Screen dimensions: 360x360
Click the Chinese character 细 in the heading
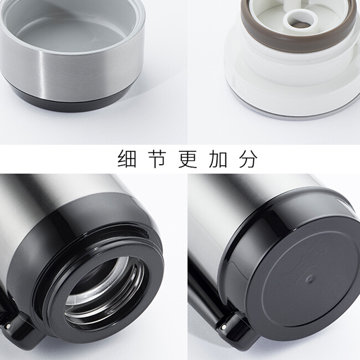127,159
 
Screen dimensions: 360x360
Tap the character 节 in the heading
157,159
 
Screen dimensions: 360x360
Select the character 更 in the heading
188,159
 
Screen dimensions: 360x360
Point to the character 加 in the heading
218,159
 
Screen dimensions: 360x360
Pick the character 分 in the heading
248,159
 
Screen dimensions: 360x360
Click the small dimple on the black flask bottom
310,279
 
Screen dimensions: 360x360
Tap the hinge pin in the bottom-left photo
9,325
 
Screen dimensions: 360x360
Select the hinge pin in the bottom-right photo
224,326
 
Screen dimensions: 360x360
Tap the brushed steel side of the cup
69,69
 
